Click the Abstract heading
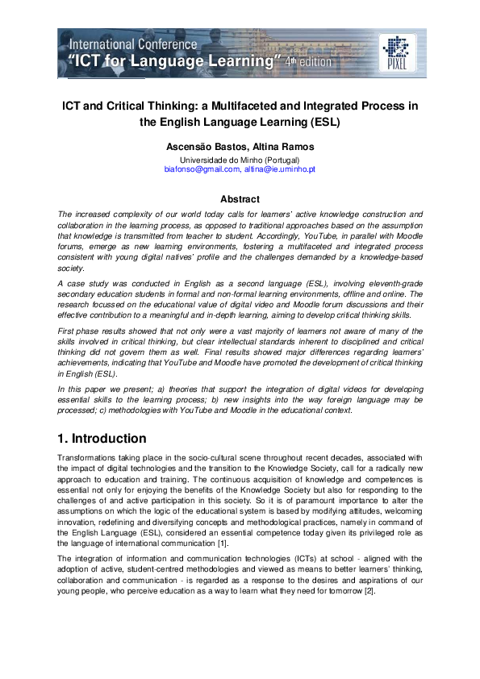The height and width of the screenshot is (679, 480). click(240, 199)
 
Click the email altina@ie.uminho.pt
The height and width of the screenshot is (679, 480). click(280, 170)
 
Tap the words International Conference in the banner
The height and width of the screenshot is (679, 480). click(132, 44)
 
